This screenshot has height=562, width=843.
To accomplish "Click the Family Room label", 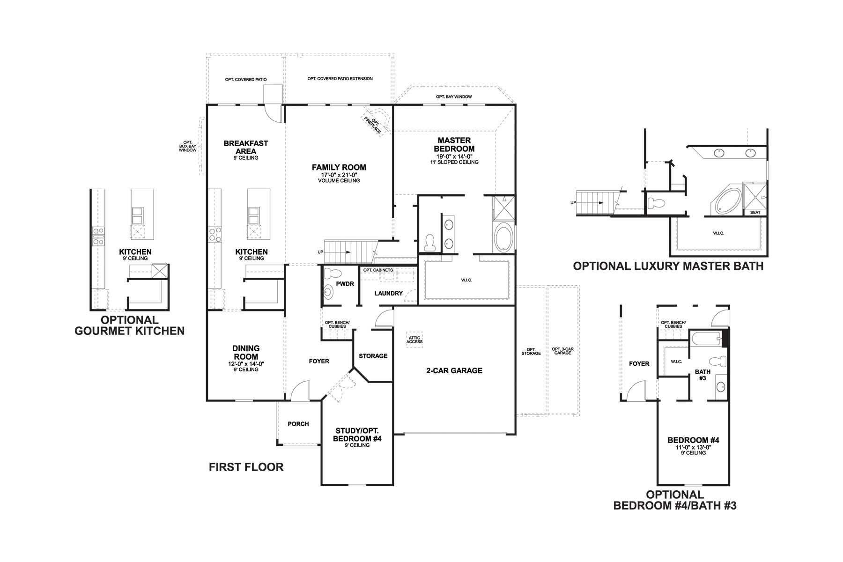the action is [339, 167].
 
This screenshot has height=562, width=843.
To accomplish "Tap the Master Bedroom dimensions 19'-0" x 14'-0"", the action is [454, 156].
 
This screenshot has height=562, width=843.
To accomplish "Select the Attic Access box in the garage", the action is [414, 340].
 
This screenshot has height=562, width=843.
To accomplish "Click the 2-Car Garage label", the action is [454, 370].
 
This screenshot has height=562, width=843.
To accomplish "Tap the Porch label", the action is [298, 424].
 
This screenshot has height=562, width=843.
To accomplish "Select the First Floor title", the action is [246, 467].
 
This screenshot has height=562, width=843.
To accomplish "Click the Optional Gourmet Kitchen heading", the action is [130, 325].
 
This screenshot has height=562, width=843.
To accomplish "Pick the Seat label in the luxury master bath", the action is [755, 213].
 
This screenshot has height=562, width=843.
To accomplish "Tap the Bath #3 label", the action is [702, 375].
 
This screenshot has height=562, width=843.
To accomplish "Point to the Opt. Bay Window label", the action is [454, 97].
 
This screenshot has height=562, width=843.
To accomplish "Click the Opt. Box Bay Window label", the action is [188, 147].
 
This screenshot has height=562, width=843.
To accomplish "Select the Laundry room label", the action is [389, 293].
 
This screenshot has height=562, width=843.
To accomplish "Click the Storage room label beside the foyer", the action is [373, 356].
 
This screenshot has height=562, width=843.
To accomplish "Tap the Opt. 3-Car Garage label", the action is [562, 351].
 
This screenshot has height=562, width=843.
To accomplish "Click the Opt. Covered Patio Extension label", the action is [340, 79].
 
